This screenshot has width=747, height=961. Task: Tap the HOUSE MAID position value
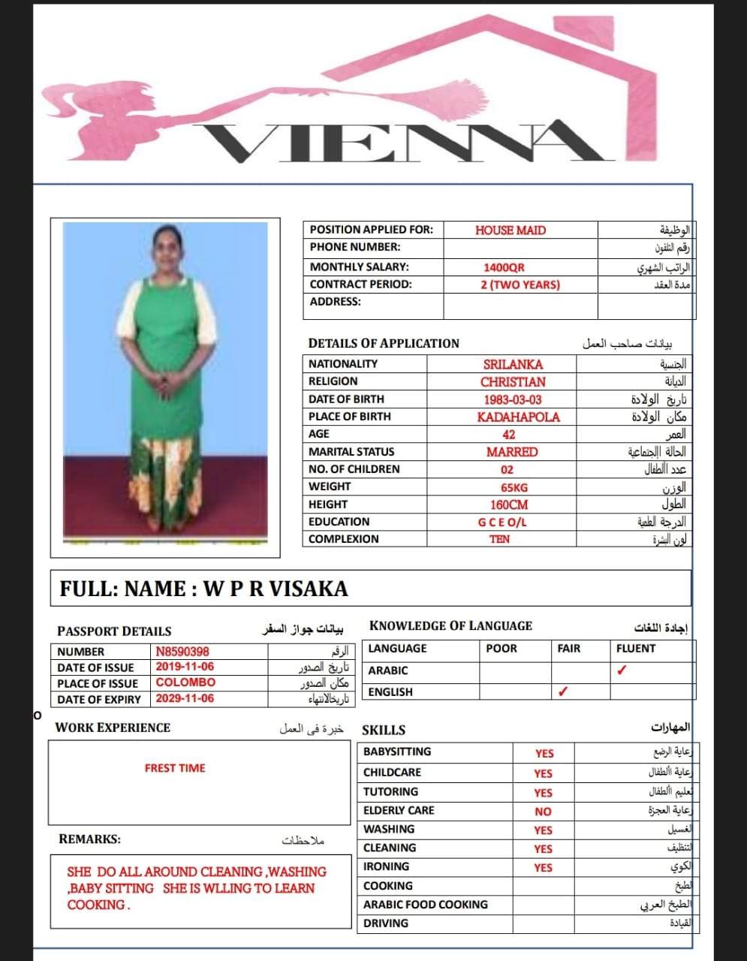click(510, 230)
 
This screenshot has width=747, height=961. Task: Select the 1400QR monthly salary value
click(504, 267)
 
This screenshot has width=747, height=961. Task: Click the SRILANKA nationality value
click(513, 364)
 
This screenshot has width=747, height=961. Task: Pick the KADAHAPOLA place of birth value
click(518, 417)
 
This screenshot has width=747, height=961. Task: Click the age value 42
click(508, 435)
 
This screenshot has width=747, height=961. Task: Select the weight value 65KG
click(514, 487)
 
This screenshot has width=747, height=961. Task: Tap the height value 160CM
click(508, 505)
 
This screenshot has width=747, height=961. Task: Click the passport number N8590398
click(182, 652)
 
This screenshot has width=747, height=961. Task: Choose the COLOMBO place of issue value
click(185, 682)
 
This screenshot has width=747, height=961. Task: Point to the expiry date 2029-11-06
click(185, 698)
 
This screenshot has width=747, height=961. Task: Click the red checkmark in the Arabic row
click(621, 670)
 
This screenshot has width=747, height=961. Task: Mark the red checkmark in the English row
click(562, 691)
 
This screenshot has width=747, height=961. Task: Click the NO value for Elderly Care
click(543, 812)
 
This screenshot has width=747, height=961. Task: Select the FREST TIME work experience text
click(175, 768)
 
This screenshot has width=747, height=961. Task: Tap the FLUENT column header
click(635, 648)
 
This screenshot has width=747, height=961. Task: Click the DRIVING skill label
click(386, 923)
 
